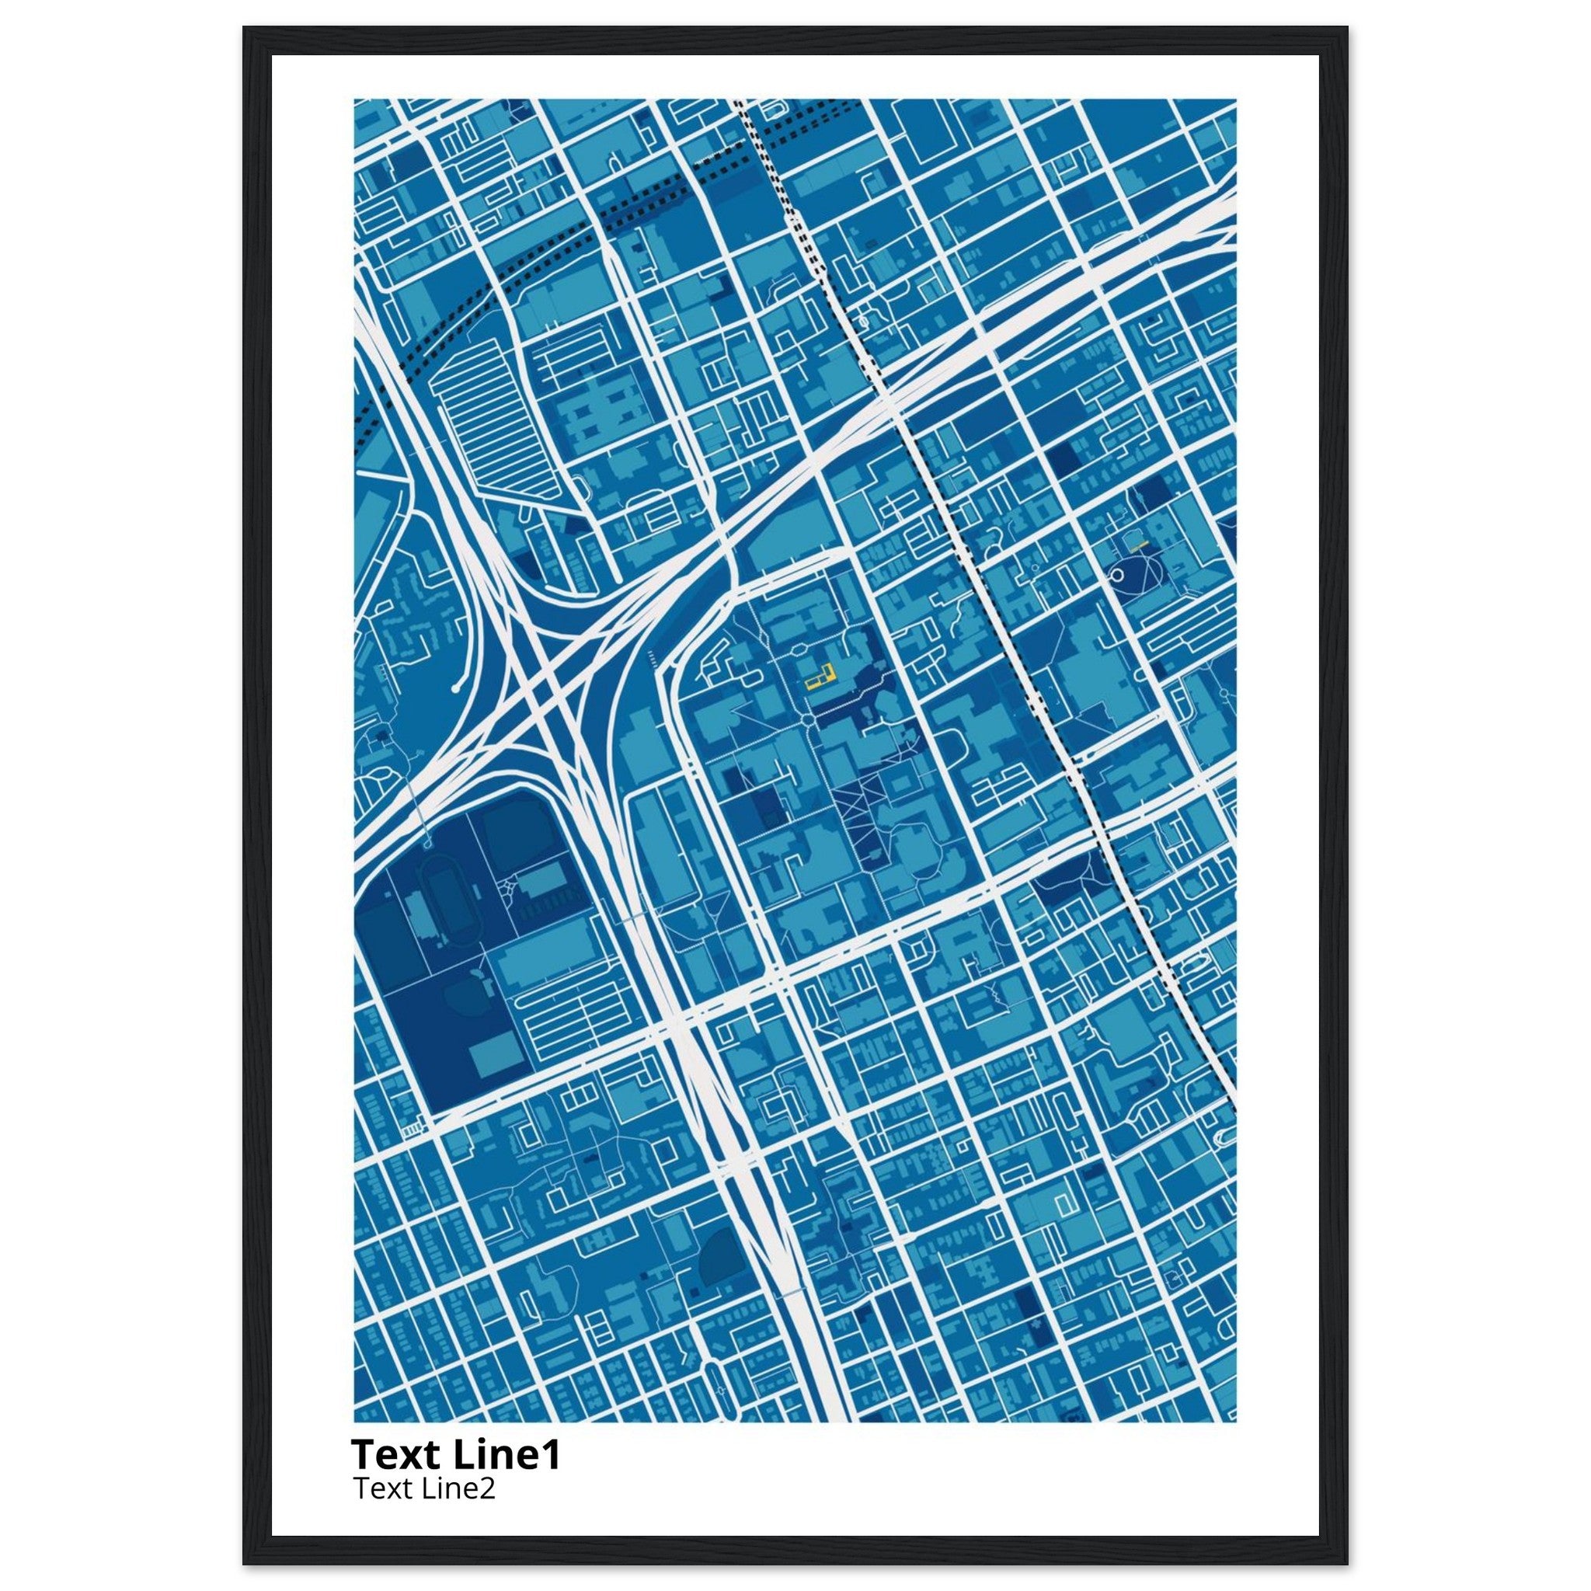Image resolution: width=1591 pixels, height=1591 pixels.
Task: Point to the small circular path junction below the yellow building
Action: click(x=808, y=721)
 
